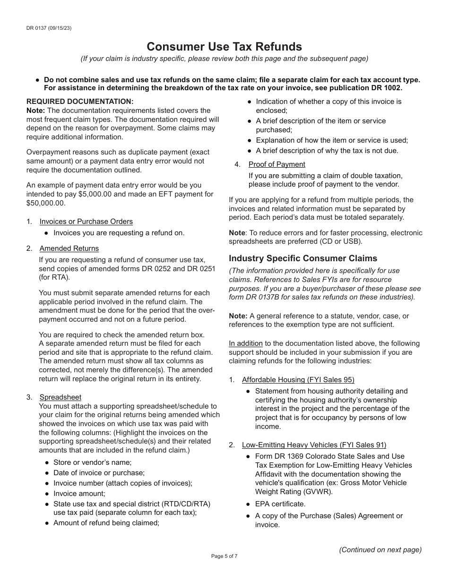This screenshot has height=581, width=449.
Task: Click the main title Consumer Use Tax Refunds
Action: [x=224, y=47]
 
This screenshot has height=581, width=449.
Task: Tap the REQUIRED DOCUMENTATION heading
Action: [x=80, y=102]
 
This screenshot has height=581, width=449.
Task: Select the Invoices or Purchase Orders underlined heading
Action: [x=86, y=222]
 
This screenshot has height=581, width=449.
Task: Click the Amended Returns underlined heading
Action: [x=69, y=248]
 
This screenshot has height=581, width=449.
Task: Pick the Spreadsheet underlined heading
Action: [x=60, y=397]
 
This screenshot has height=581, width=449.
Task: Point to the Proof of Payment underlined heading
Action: [x=277, y=164]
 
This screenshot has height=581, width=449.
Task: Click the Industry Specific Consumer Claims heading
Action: [x=303, y=258]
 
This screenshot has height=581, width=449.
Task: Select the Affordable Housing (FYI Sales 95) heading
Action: [x=298, y=380]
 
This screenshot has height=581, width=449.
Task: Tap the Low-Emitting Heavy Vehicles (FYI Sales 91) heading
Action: [x=314, y=445]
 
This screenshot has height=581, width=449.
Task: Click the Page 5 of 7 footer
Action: [x=224, y=556]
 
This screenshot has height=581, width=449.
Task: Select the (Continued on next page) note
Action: [x=380, y=550]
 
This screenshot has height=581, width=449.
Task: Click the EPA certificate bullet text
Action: [x=280, y=504]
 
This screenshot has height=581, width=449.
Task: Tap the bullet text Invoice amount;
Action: [x=79, y=494]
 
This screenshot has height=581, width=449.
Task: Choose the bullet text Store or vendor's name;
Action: [x=92, y=462]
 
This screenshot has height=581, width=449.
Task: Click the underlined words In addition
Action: [x=245, y=343]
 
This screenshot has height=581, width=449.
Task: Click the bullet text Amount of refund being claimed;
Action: [x=106, y=523]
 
